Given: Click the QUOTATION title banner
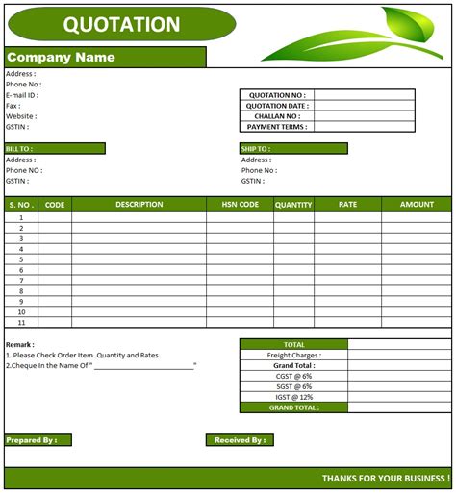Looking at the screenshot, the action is (x=120, y=25).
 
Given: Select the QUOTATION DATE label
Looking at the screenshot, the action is (x=277, y=106).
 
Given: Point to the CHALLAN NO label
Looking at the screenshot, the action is (x=277, y=116).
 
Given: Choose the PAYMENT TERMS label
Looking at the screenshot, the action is (x=277, y=127).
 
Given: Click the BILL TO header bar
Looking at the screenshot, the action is (x=55, y=149).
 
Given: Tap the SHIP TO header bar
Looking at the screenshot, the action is (x=293, y=149).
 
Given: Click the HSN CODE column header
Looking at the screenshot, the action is (x=240, y=205).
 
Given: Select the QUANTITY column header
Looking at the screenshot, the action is (x=293, y=205).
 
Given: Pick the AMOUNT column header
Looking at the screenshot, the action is (x=417, y=205).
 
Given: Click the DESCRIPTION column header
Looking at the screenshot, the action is (x=139, y=205).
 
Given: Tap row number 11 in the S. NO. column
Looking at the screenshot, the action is (x=21, y=323).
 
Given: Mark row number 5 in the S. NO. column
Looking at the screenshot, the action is (x=21, y=259).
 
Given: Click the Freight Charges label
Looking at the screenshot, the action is (x=293, y=355).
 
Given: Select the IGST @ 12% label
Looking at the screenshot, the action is (x=293, y=397).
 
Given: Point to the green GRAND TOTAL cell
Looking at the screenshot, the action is (x=293, y=407).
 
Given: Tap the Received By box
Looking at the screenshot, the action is (x=239, y=440).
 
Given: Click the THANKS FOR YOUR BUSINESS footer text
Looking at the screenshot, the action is (x=385, y=479).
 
